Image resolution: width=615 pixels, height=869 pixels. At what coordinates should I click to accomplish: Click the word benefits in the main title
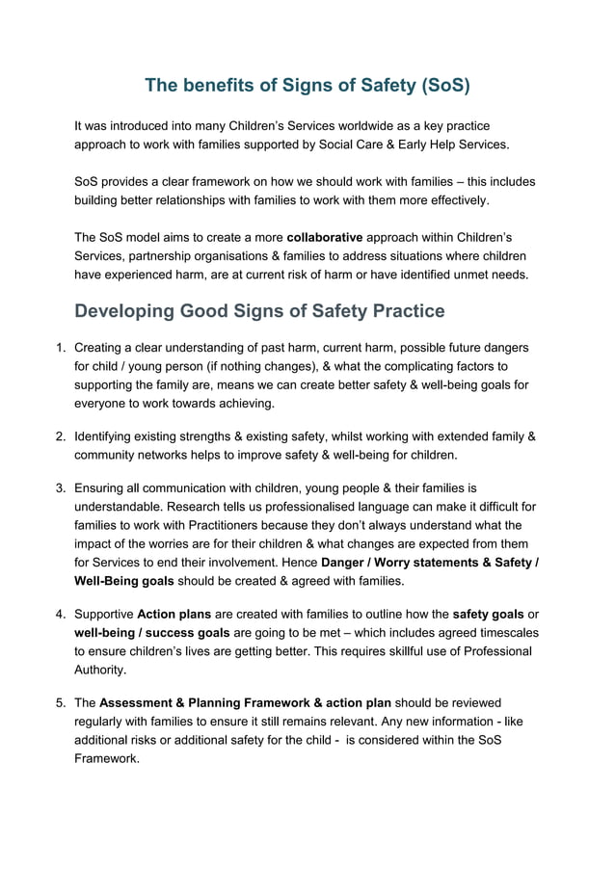[x=220, y=85]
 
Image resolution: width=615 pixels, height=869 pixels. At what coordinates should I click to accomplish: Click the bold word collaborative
[x=325, y=236]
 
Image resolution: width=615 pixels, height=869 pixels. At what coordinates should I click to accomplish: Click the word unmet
[x=462, y=275]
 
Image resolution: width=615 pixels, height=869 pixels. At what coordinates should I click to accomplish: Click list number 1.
[x=59, y=347]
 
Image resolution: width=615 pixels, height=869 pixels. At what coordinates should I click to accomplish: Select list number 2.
[x=59, y=436]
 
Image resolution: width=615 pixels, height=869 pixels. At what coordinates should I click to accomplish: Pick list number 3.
[x=59, y=488]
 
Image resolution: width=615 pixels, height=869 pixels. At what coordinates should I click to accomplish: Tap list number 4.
[x=59, y=614]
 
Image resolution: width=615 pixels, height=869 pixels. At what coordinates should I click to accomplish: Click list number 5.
[x=59, y=702]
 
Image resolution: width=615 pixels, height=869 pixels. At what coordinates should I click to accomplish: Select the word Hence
[x=295, y=562]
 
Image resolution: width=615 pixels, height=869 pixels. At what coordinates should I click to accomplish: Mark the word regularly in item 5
[x=102, y=722]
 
